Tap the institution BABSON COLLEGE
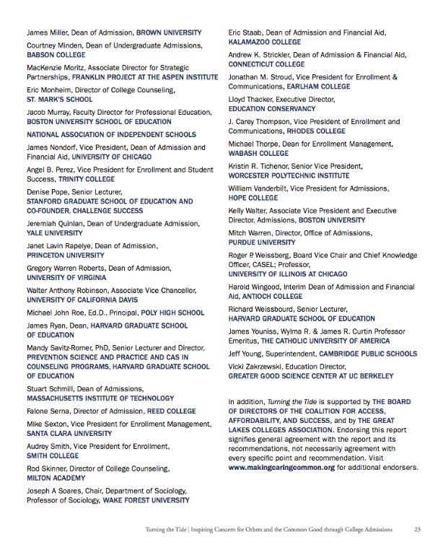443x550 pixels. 56,53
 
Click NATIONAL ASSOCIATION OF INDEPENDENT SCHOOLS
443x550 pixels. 111,135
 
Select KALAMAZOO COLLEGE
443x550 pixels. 264,43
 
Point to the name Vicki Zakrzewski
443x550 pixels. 257,366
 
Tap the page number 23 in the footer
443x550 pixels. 417,529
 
